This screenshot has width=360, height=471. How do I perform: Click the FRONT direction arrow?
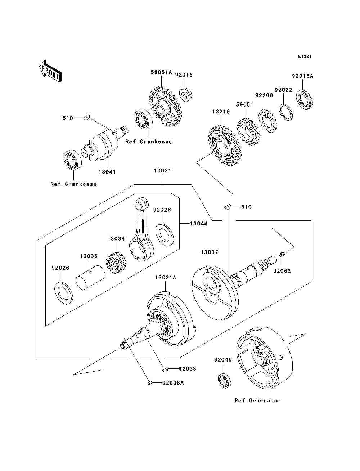tap(50, 71)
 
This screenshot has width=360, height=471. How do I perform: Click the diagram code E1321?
tap(305, 57)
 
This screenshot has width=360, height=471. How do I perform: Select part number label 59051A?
tap(161, 72)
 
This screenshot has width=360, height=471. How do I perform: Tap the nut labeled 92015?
tap(185, 94)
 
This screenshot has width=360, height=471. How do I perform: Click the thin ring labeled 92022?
tap(287, 112)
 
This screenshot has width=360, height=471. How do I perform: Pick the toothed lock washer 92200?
tap(267, 121)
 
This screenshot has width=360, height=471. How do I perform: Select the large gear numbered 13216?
tap(225, 146)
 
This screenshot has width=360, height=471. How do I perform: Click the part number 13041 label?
tap(107, 172)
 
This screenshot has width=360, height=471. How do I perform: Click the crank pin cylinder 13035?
tap(90, 277)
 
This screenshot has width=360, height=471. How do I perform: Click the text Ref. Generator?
tap(258, 400)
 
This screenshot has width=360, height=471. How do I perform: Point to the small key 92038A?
tap(150, 382)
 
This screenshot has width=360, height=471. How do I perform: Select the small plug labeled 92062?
tap(282, 255)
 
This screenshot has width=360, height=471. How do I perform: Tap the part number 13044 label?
tap(199, 224)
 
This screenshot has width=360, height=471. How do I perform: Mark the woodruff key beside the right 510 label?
tap(227, 207)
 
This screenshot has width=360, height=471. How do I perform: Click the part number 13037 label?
tap(210, 252)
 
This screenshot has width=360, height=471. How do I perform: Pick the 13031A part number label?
tap(166, 278)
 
